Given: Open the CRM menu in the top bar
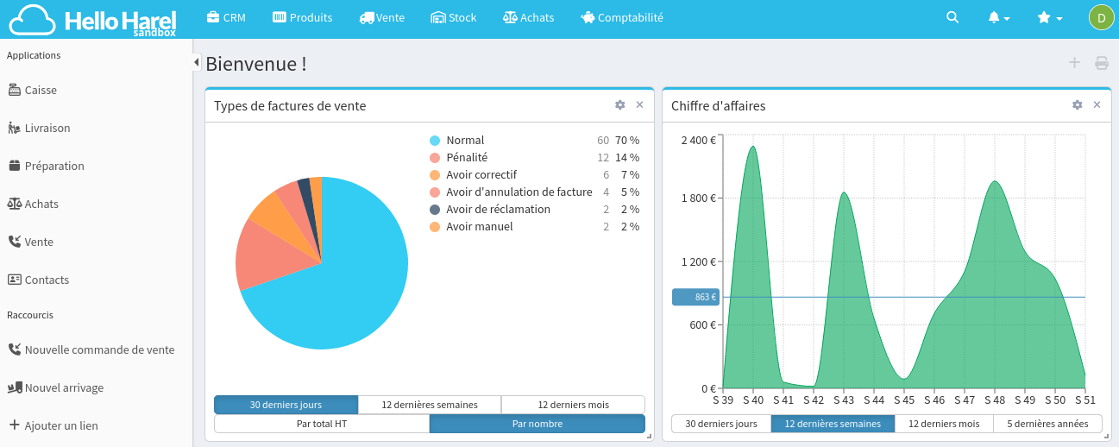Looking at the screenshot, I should [226, 17].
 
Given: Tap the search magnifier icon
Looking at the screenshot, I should [952, 17].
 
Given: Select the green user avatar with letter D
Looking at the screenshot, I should [1101, 17].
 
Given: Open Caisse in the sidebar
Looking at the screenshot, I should [41, 90].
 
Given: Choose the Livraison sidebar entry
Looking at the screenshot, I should [47, 128].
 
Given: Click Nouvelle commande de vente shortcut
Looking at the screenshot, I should [99, 349].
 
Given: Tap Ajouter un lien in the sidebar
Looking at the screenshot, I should [60, 425].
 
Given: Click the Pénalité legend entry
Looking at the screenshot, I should [466, 157].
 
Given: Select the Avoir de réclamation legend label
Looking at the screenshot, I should [498, 209].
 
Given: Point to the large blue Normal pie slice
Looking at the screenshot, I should [345, 285].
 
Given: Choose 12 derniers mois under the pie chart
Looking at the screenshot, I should [573, 405].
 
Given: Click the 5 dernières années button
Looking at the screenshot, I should [1047, 424].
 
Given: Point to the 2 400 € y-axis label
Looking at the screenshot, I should [698, 140].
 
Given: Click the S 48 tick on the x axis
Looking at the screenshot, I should [995, 400].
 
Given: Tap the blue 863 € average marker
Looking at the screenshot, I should [695, 297].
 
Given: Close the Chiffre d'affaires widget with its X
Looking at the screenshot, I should [1097, 104].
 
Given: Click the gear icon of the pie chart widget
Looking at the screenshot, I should [619, 104].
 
